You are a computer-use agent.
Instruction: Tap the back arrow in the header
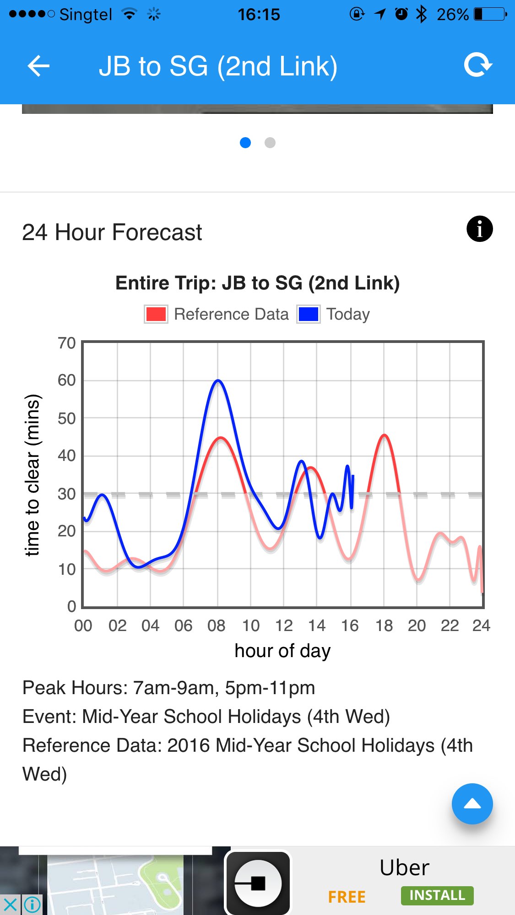point(38,66)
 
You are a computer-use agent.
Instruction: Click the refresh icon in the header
point(478,65)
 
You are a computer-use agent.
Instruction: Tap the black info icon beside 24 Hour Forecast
point(479,229)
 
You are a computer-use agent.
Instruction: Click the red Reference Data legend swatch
point(156,314)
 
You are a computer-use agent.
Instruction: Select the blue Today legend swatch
point(308,314)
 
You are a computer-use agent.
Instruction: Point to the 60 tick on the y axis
point(67,380)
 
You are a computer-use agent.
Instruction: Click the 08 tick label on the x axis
point(216,625)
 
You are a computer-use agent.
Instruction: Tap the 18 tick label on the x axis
point(384,625)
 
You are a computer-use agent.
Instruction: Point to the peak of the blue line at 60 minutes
point(218,380)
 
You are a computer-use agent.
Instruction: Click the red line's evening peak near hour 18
point(384,435)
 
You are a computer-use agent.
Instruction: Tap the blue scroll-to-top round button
point(472,803)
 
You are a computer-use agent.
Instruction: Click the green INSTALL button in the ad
point(437,895)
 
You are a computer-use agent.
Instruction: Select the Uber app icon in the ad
point(258,882)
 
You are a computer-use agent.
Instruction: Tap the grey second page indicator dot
point(270,143)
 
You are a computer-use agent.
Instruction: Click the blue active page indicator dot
point(245,143)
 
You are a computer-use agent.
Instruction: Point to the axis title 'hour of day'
point(282,651)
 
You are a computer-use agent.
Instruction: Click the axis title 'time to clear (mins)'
point(33,475)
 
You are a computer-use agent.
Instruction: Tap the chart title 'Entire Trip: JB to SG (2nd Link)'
point(257,283)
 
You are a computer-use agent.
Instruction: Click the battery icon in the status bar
point(490,14)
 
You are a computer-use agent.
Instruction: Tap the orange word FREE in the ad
point(347,897)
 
